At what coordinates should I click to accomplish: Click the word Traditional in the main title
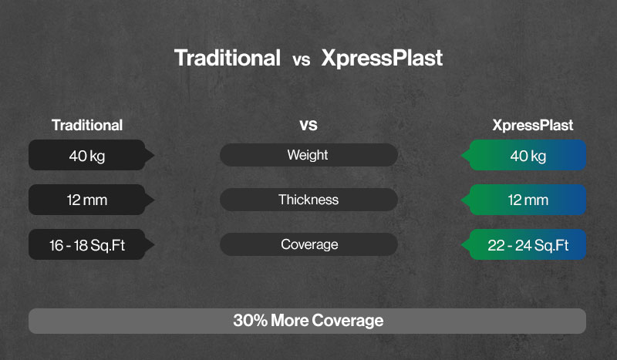tap(227, 59)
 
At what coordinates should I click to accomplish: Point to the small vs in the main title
tap(301, 61)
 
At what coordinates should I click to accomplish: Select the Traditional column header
tap(87, 125)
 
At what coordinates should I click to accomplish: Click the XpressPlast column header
tap(533, 125)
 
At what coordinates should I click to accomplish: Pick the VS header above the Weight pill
tap(308, 125)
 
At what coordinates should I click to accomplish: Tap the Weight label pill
tap(308, 155)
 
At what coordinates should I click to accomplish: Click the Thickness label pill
tap(308, 200)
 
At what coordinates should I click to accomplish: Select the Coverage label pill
tap(308, 244)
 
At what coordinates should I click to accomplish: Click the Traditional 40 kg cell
tap(87, 156)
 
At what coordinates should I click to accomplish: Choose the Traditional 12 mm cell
tap(87, 200)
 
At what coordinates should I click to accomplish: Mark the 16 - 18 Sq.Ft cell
tap(87, 245)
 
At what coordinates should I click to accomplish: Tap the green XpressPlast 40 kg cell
tap(528, 156)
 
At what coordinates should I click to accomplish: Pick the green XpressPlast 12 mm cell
tap(528, 200)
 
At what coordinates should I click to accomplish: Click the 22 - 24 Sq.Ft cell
tap(528, 245)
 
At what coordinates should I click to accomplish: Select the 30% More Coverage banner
tap(307, 321)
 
